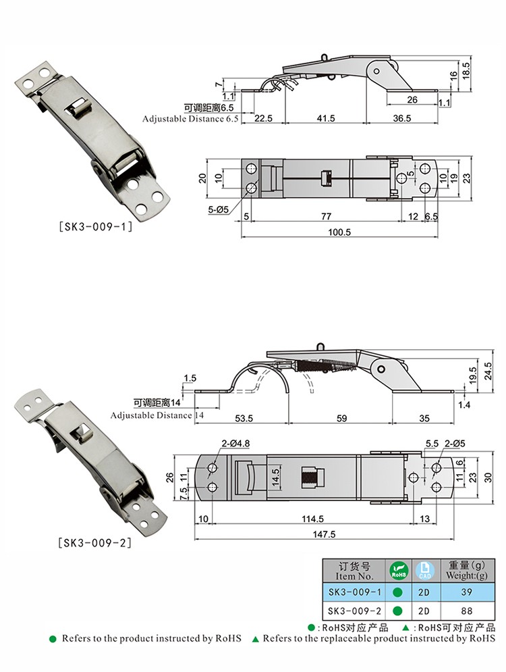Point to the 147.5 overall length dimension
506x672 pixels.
pos(325,534)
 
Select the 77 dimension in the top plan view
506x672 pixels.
pos(326,217)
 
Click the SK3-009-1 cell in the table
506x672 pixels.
pos(355,592)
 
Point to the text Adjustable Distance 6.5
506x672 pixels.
pos(191,118)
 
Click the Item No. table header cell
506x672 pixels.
pos(355,571)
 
